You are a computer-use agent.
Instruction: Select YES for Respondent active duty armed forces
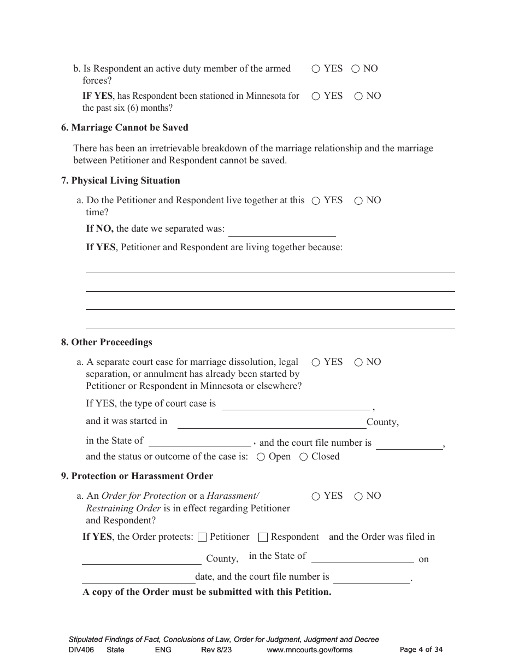(316, 69)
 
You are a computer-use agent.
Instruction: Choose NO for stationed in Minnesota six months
(358, 96)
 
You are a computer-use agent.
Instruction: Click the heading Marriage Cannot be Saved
(125, 127)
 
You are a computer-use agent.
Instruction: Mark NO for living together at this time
(358, 201)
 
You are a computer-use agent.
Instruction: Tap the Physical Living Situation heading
(120, 180)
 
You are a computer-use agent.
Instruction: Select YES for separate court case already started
(316, 362)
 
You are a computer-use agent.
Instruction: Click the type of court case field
(296, 404)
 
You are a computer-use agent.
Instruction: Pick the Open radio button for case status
(261, 457)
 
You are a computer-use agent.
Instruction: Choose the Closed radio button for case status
(304, 457)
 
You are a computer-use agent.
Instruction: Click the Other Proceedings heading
(107, 342)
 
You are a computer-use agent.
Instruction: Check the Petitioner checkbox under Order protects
(202, 537)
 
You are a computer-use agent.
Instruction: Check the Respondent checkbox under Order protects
(263, 537)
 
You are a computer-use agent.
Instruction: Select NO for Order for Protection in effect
(358, 496)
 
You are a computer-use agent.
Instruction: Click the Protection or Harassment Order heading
(137, 476)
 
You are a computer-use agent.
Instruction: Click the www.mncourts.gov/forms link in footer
(309, 650)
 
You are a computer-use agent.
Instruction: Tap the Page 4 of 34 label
(421, 650)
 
